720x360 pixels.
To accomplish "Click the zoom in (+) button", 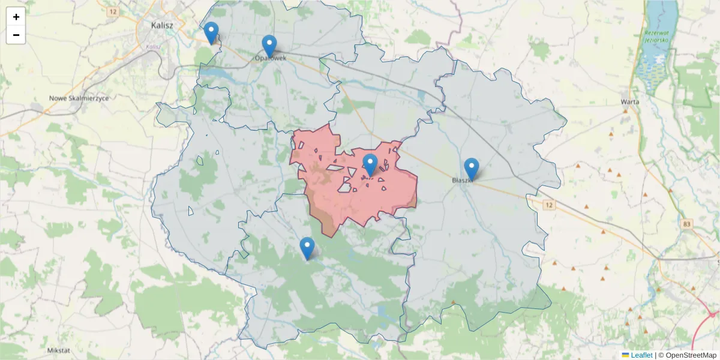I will coord(16,17).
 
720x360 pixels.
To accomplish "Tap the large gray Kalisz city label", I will coord(162,25).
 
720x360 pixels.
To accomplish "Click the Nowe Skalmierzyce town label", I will coord(79,98).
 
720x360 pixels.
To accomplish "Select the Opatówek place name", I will coord(271,58).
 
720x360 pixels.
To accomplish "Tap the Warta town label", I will coord(630,101).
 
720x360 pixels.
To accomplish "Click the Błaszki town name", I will coord(464,179).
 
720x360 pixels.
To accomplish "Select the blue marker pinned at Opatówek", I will coord(269,46).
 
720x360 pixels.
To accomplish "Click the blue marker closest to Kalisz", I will coord(211,32).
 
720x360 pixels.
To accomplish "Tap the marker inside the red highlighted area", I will coord(370,164).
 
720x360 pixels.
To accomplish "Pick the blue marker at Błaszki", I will coord(472,169).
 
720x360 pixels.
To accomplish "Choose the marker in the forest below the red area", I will coord(307,248).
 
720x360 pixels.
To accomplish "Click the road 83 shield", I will coord(687,224).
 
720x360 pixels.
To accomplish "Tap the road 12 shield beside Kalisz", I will coord(112,12).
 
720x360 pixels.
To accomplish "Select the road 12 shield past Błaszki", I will coord(549,205).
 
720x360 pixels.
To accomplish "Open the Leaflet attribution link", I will coord(641,355).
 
